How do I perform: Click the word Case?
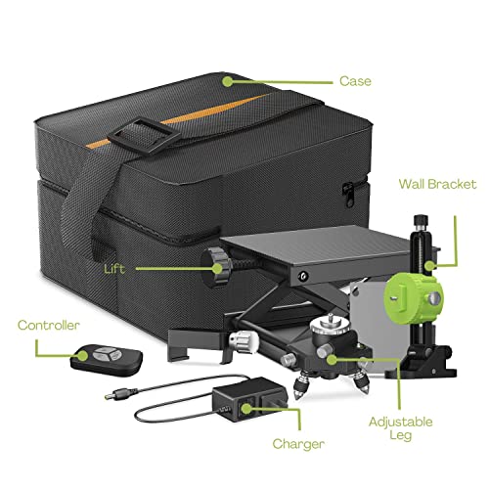tap(357, 81)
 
